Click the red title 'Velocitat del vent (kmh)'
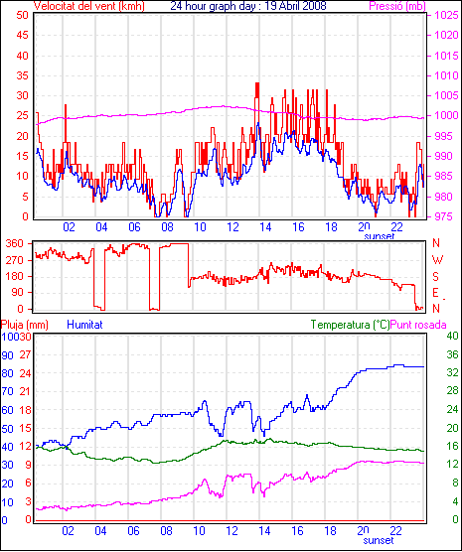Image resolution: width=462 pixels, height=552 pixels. (88, 6)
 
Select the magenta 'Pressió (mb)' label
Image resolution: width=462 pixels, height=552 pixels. (397, 6)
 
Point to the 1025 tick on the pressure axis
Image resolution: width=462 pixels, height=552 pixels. (447, 15)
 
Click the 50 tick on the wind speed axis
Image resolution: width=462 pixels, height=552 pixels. (22, 15)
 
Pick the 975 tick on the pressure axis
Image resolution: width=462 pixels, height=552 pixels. (447, 216)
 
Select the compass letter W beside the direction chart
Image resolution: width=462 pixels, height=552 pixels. (437, 260)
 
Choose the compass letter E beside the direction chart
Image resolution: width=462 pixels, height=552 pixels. (435, 293)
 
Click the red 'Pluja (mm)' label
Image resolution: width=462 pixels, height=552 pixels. (24, 325)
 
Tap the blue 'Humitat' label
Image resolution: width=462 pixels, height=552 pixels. (84, 325)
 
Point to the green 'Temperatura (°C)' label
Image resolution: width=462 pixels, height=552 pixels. (351, 325)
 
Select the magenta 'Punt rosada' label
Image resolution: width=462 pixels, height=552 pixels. (418, 325)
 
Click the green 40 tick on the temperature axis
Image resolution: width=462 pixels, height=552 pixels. (452, 336)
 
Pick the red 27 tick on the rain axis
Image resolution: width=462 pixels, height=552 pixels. (25, 354)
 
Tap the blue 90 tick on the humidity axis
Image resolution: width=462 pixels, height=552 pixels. (7, 355)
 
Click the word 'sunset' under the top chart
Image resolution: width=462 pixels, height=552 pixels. (380, 236)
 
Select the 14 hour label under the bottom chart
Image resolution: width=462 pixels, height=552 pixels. (265, 530)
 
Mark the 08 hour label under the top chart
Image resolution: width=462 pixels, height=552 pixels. (167, 227)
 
